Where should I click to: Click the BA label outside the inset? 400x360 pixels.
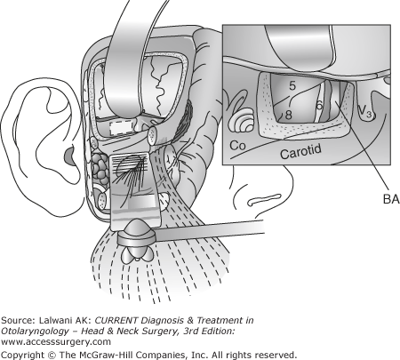[391, 199]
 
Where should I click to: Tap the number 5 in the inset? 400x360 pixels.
[292, 85]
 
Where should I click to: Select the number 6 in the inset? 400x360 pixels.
[319, 106]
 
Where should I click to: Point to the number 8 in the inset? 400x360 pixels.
[288, 115]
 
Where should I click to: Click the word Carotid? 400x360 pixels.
[300, 151]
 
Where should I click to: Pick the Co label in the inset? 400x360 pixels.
[237, 146]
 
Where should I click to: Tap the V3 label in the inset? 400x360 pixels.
[364, 111]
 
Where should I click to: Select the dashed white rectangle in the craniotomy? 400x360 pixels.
[120, 129]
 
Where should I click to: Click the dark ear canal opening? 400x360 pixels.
[69, 156]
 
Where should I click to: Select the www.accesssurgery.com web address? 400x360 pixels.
[56, 341]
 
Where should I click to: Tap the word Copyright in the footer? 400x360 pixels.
[22, 355]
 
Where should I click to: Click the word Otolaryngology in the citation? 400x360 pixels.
[35, 331]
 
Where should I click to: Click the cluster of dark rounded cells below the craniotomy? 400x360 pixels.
[100, 167]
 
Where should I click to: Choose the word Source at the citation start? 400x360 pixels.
[18, 320]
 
